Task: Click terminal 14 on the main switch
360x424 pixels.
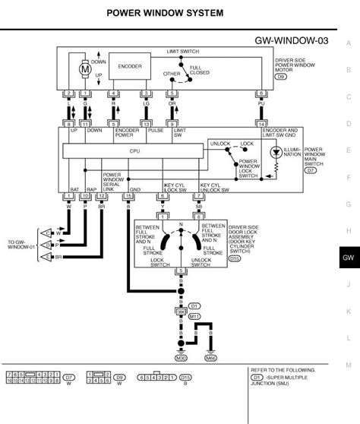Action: [x=262, y=122]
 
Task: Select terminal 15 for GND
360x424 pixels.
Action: [x=128, y=196]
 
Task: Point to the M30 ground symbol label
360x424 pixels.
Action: [x=181, y=356]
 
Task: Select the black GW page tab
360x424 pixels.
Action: [x=348, y=258]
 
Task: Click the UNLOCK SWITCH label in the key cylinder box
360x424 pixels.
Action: [x=202, y=261]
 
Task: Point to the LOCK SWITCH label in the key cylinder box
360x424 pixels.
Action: [x=159, y=261]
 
